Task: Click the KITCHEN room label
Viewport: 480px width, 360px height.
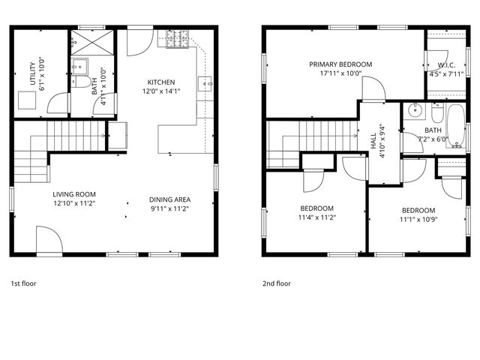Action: pos(160,82)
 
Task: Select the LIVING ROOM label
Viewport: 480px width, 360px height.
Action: pos(73,193)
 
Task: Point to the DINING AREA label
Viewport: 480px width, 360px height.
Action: pos(169,199)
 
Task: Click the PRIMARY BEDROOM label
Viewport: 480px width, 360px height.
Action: pos(335,64)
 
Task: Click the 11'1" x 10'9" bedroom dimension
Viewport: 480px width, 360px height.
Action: pos(418,219)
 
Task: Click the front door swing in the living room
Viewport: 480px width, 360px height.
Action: pos(49,243)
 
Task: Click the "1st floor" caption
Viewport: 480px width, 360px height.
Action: pos(23,283)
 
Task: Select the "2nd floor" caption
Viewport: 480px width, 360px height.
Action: pos(276,283)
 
